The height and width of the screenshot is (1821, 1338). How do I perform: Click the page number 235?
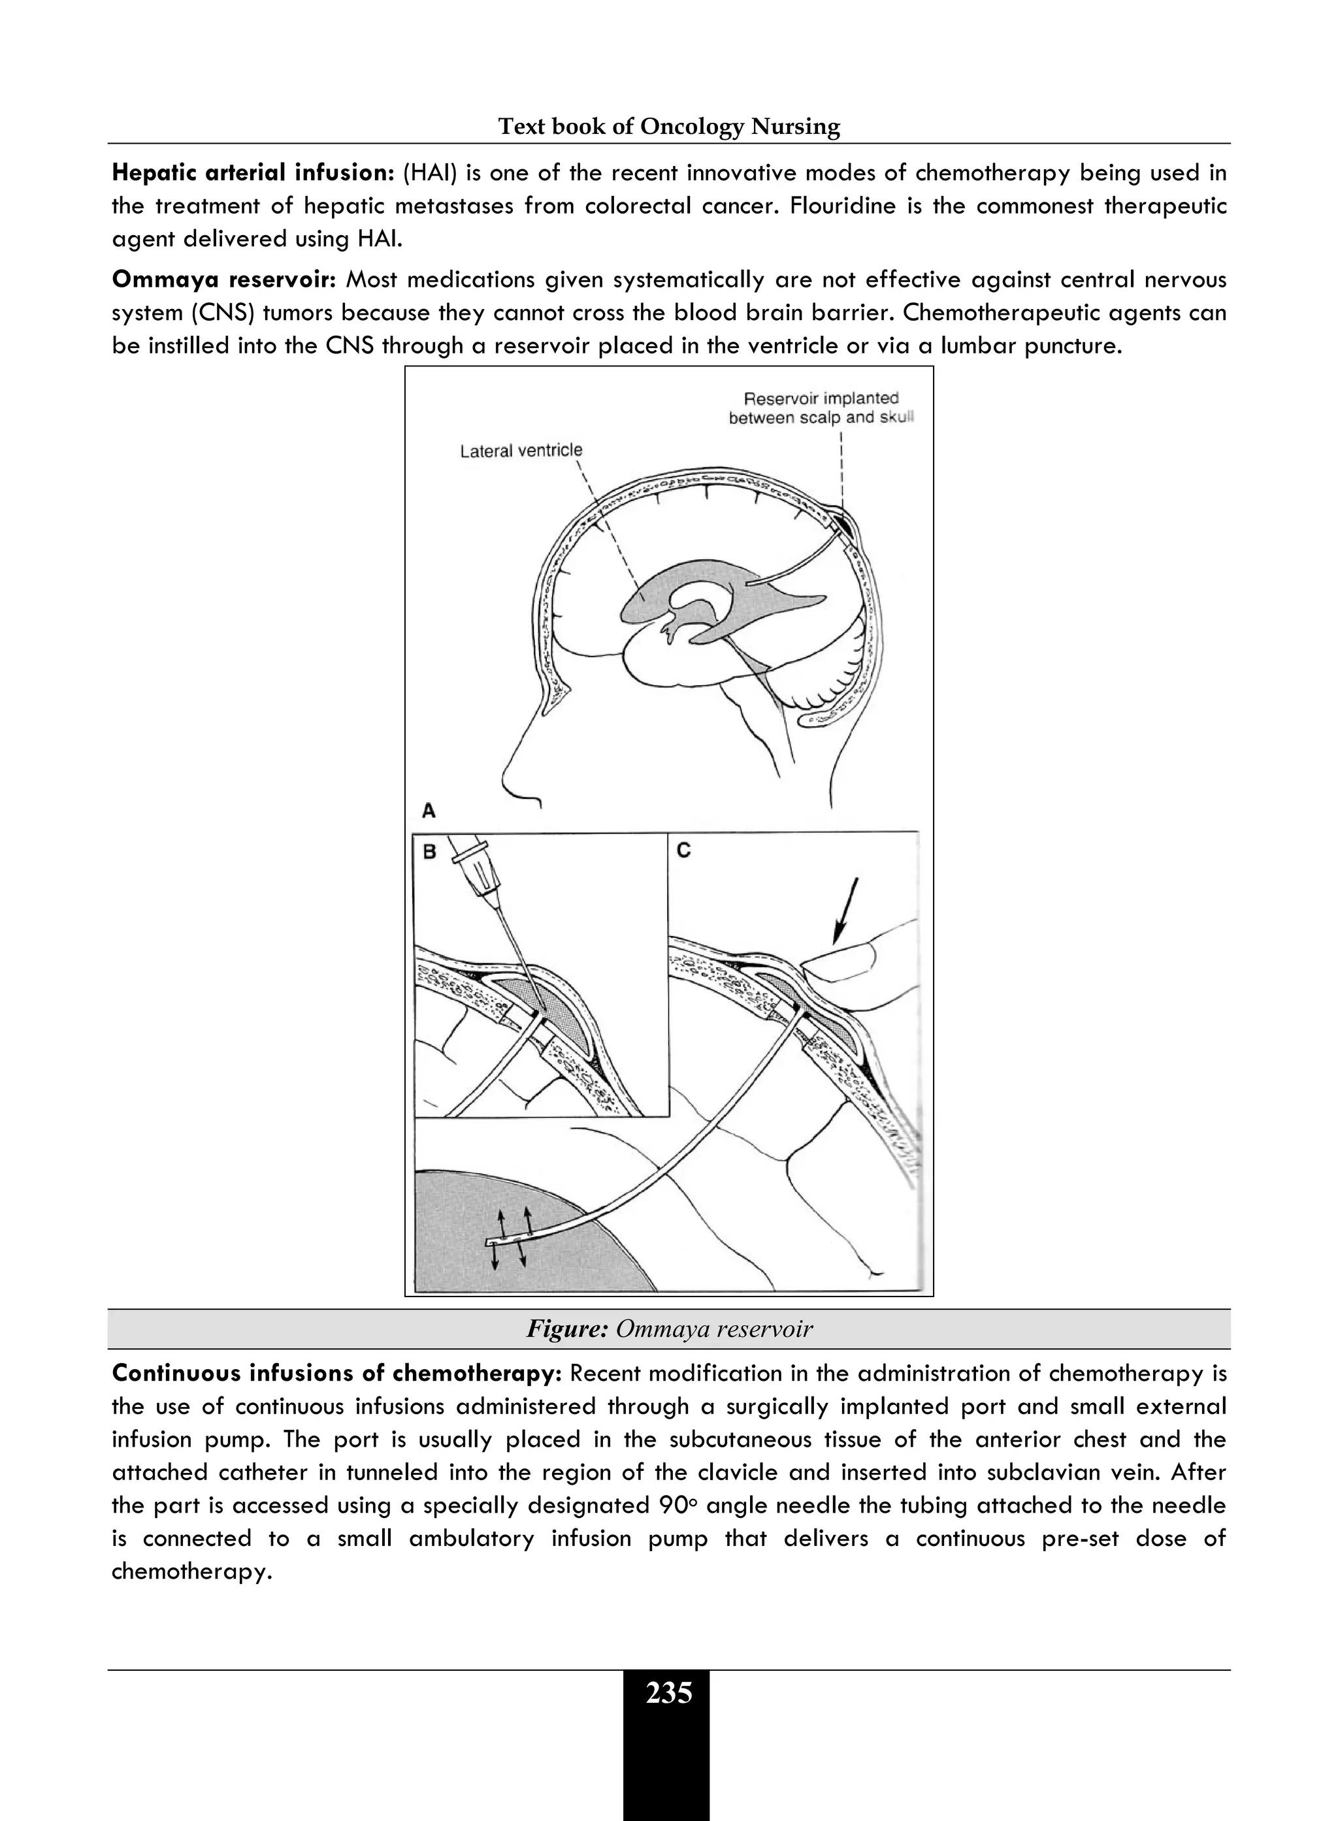click(x=669, y=1693)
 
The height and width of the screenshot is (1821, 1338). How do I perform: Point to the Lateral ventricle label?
click(x=521, y=450)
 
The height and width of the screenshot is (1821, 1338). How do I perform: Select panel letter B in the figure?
click(x=430, y=851)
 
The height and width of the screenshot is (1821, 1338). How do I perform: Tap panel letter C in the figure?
click(x=683, y=850)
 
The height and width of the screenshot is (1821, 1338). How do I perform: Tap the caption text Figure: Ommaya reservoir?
click(x=669, y=1329)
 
